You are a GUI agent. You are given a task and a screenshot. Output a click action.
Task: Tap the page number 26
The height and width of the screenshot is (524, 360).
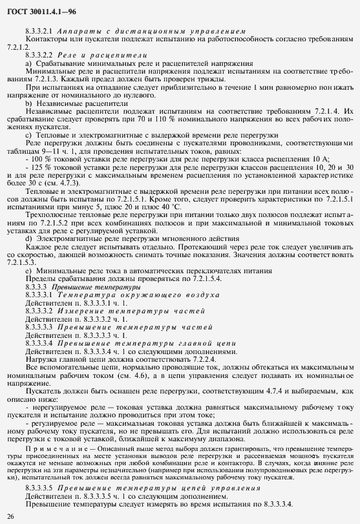click(10, 516)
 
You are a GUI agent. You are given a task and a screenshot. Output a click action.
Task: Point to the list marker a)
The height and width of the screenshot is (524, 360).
click(28, 63)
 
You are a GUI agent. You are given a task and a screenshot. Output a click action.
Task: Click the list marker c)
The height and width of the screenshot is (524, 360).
click(28, 134)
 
